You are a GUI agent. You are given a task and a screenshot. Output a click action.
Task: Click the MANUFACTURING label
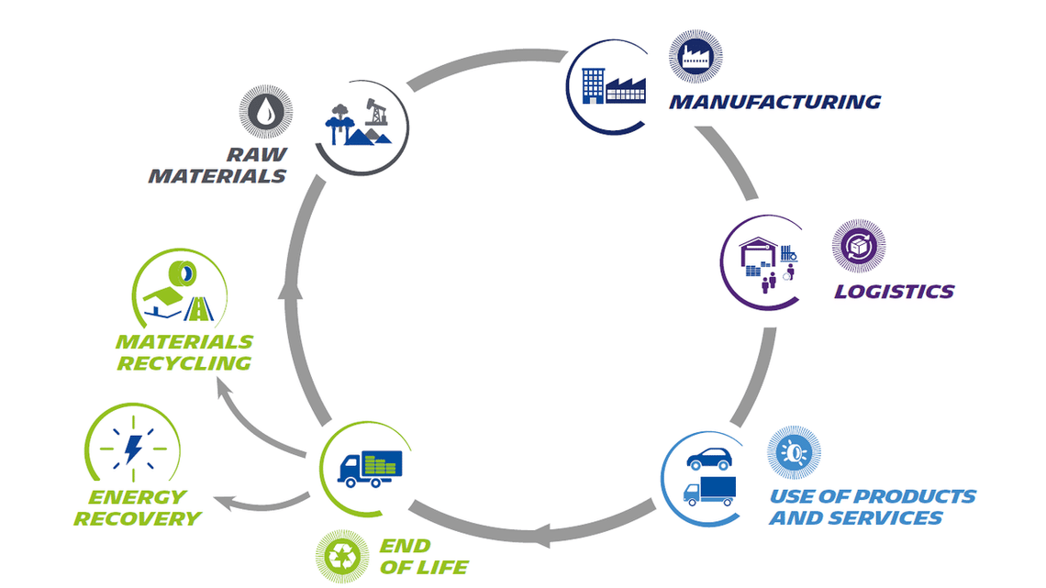pyautogui.click(x=774, y=102)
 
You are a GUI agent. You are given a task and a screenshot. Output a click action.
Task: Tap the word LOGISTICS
pyautogui.click(x=894, y=292)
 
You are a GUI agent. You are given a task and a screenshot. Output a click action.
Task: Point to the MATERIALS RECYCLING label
pyautogui.click(x=184, y=352)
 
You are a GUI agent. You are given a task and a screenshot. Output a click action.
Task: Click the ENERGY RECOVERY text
pyautogui.click(x=138, y=507)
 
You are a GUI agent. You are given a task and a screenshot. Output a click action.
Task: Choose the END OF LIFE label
pyautogui.click(x=423, y=557)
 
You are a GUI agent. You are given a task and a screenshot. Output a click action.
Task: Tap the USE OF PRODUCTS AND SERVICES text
pyautogui.click(x=872, y=507)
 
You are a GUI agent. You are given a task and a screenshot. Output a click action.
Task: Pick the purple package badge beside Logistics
pyautogui.click(x=858, y=246)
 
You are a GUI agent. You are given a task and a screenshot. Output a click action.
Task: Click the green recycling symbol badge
pyautogui.click(x=342, y=557)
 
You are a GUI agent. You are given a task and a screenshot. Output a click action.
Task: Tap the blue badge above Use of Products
pyautogui.click(x=794, y=452)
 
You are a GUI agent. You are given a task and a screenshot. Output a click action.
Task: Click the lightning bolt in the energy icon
pyautogui.click(x=132, y=449)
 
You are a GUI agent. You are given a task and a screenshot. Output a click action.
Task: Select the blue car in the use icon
pyautogui.click(x=708, y=458)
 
